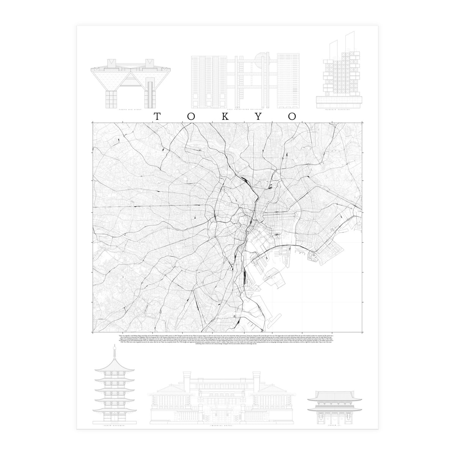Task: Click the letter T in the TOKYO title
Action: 155,117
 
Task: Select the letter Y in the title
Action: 258,117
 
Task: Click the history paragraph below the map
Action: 227,342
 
